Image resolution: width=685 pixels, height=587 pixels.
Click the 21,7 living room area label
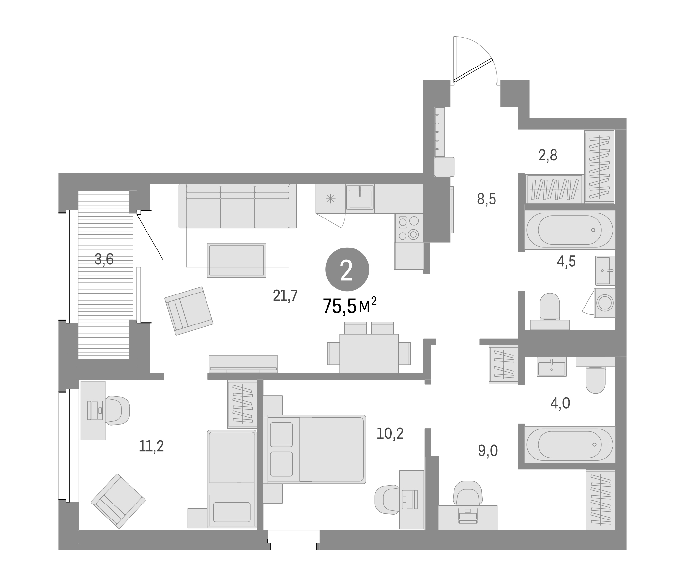[x=285, y=295]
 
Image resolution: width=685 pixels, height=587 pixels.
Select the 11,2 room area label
[x=151, y=446]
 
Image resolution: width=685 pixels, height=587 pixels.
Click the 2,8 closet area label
[x=548, y=155]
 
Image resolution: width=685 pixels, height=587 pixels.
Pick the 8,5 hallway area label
[x=486, y=199]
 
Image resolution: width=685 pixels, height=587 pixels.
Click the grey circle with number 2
[x=347, y=269]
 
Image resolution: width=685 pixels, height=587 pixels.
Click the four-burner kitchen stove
[x=409, y=228]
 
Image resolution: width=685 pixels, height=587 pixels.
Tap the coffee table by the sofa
[x=236, y=260]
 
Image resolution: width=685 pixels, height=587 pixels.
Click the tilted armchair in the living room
[x=189, y=311]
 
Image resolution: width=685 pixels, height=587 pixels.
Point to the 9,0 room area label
[x=488, y=451]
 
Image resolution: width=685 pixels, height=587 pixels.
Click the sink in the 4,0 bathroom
[x=552, y=367]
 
